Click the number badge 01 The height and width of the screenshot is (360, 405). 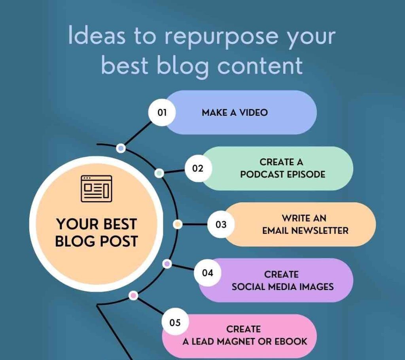[162, 113]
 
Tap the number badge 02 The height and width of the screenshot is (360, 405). [198, 168]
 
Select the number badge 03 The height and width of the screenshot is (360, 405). [221, 224]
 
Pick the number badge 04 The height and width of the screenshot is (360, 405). [208, 273]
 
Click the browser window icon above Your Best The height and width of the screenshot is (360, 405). [97, 188]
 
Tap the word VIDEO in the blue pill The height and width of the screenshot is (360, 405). [254, 113]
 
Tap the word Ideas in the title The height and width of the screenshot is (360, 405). [97, 35]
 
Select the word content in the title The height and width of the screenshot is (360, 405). [260, 66]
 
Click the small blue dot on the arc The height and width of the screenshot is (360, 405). [121, 149]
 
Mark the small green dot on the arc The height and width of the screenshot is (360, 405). [159, 173]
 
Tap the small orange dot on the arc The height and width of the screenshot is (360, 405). [178, 224]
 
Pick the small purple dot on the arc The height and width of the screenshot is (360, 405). [167, 264]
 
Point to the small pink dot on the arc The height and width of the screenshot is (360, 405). [133, 296]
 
